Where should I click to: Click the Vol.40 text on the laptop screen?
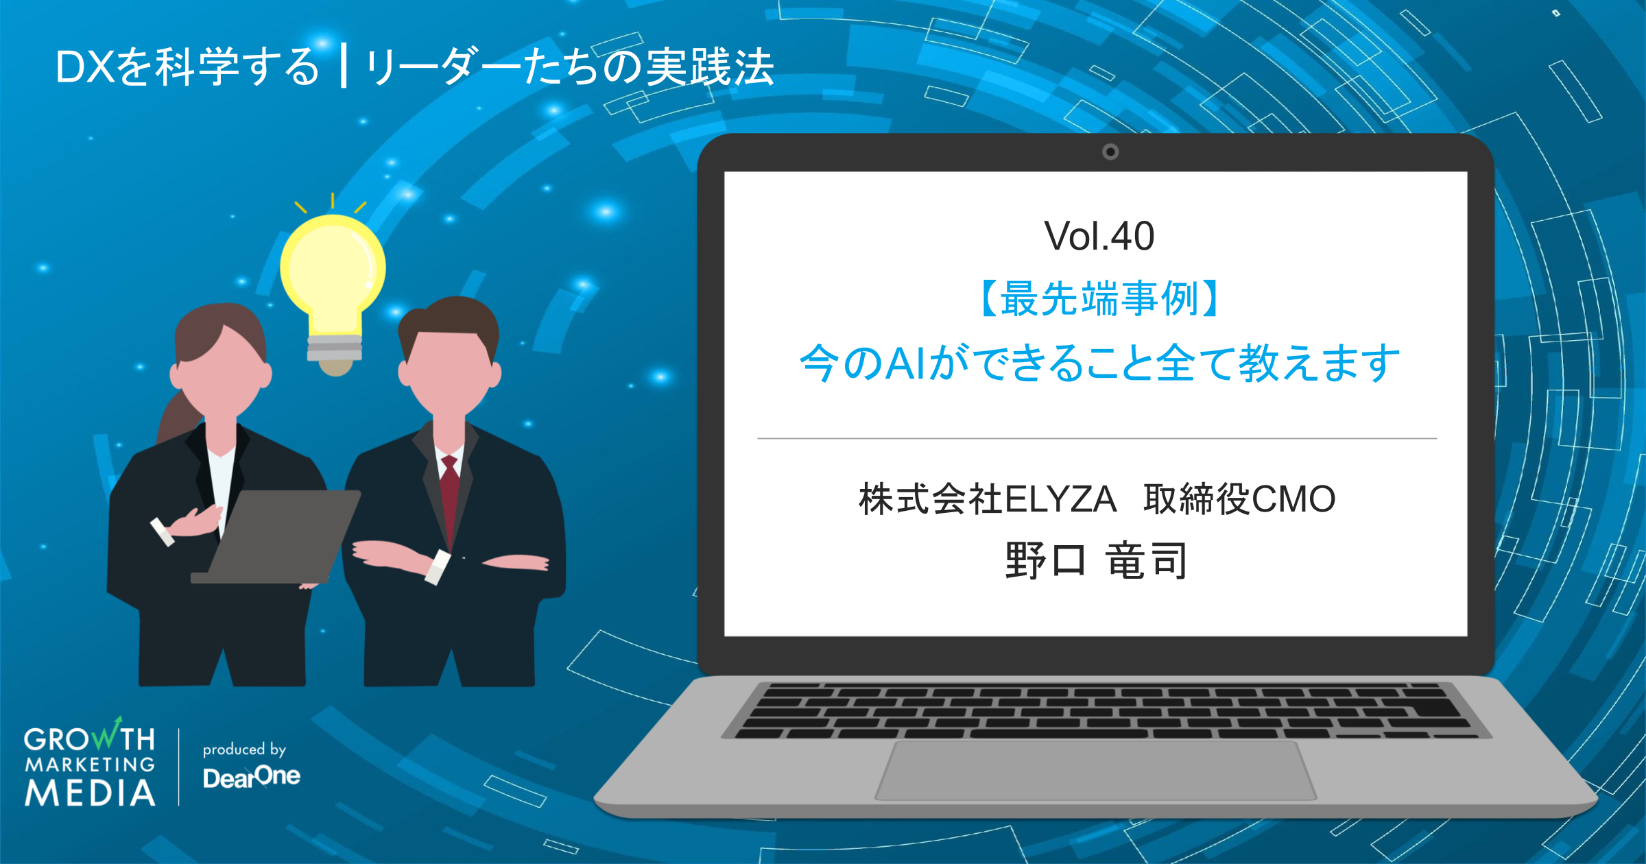pyautogui.click(x=1099, y=237)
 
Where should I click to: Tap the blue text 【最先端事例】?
pyautogui.click(x=1099, y=299)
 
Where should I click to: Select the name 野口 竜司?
pyautogui.click(x=1096, y=560)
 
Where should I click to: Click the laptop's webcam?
pyautogui.click(x=1110, y=152)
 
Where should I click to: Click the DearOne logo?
pyautogui.click(x=252, y=777)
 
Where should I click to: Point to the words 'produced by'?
pyautogui.click(x=244, y=749)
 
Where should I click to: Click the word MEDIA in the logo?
pyautogui.click(x=90, y=793)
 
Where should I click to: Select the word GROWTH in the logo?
pyautogui.click(x=89, y=739)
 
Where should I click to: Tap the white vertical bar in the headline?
pyautogui.click(x=343, y=66)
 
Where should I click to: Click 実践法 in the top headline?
pyautogui.click(x=710, y=67)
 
